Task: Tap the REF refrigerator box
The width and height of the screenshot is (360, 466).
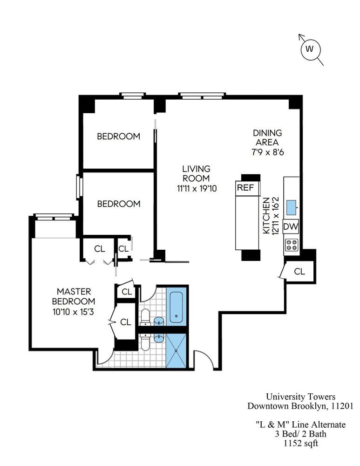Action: pyautogui.click(x=245, y=188)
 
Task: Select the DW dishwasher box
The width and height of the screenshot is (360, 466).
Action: pyautogui.click(x=291, y=226)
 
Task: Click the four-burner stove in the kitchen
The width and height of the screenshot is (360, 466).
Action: pyautogui.click(x=292, y=245)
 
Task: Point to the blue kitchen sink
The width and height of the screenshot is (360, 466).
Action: pyautogui.click(x=292, y=206)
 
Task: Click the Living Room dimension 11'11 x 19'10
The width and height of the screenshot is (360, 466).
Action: pyautogui.click(x=196, y=188)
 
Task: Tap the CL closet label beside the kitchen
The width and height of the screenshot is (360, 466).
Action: pyautogui.click(x=299, y=271)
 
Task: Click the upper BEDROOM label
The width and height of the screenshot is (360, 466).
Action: pyautogui.click(x=118, y=137)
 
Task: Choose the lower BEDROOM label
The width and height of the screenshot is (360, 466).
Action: pyautogui.click(x=118, y=204)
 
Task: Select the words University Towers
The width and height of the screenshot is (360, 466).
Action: pyautogui.click(x=300, y=397)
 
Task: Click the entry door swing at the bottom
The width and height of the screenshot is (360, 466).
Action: pyautogui.click(x=204, y=360)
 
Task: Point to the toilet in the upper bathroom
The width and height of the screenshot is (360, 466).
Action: pyautogui.click(x=145, y=316)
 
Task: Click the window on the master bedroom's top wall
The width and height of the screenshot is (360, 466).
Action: pyautogui.click(x=54, y=217)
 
